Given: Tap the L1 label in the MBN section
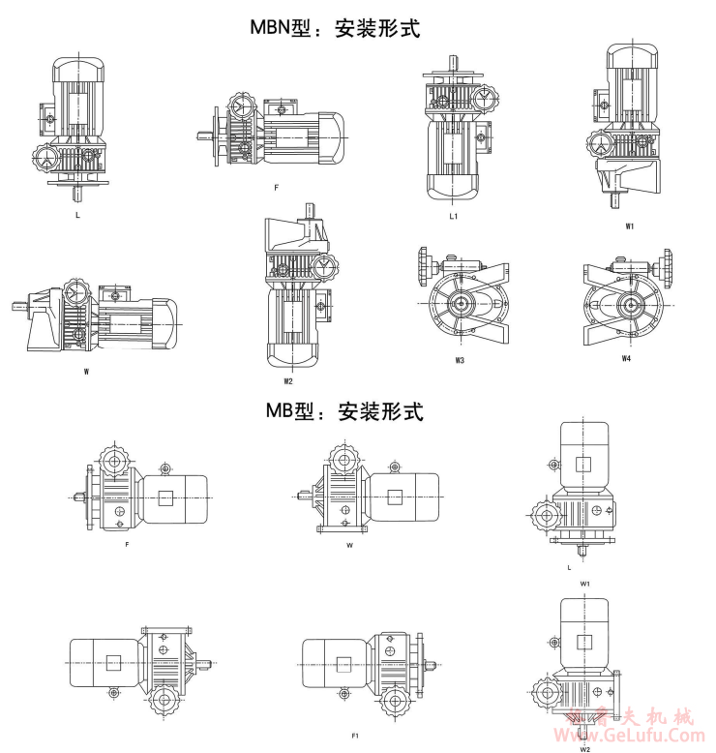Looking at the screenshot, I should click(x=453, y=217).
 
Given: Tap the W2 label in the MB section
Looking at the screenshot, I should click(x=585, y=747).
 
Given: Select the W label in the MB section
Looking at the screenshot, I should click(x=349, y=546).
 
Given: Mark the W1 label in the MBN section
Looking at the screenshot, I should click(x=630, y=227).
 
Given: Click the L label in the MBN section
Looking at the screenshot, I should click(x=77, y=215).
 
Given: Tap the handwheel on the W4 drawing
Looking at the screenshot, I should click(x=666, y=263).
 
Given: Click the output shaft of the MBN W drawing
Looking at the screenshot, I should click(x=17, y=307).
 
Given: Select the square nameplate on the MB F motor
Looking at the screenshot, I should click(x=166, y=497).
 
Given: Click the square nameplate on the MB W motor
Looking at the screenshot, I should click(x=395, y=497).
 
